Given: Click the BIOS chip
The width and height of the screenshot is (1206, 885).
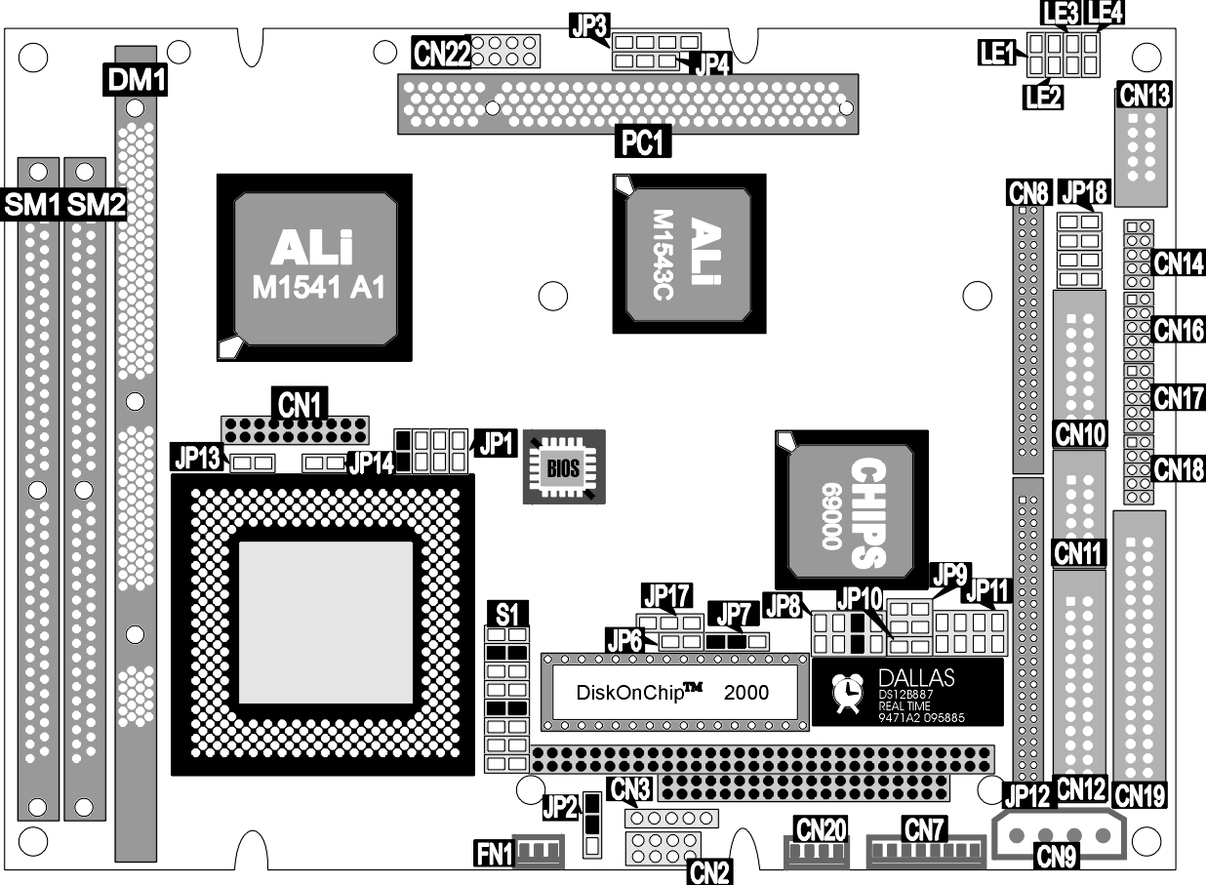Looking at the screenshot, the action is [564, 466].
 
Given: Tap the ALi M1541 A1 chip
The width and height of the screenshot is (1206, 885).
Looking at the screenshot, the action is [314, 267].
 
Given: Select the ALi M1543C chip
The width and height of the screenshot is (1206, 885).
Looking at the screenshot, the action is [689, 254].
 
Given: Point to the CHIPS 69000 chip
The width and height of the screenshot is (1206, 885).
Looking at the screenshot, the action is [852, 509].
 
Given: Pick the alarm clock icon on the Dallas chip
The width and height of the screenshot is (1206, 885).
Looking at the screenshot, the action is [846, 693].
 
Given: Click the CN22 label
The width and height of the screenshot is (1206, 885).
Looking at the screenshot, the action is [441, 53].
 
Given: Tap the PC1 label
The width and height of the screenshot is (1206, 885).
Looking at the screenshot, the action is [642, 142].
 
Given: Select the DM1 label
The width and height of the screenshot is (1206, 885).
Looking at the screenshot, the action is [136, 80].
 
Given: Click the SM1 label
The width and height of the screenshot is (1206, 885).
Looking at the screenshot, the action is [31, 205].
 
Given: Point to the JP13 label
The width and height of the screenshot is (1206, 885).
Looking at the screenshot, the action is [198, 458].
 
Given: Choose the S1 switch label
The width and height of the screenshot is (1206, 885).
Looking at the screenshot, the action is [507, 614].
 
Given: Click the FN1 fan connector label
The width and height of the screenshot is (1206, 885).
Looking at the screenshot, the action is [494, 854].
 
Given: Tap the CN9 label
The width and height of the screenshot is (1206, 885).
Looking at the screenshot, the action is [1056, 856].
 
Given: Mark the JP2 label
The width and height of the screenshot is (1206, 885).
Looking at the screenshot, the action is [560, 808].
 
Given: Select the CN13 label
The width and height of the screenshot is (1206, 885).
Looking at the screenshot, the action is [1146, 96].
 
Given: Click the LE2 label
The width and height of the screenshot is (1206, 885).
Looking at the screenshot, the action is [1043, 97].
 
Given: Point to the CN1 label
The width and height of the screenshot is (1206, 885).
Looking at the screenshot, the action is [300, 404].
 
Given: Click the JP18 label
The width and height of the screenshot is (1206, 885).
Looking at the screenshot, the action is [1084, 191].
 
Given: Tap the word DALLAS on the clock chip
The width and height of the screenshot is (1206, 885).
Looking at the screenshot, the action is [916, 678].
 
